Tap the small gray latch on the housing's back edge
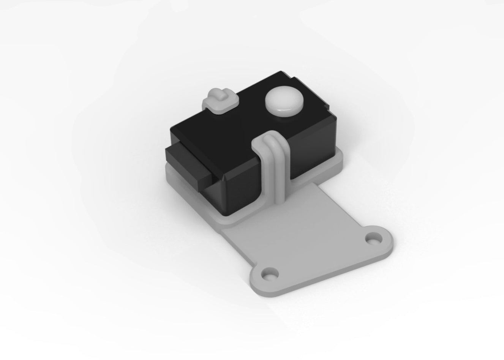(x=221, y=101)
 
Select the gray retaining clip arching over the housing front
(x=273, y=163)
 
